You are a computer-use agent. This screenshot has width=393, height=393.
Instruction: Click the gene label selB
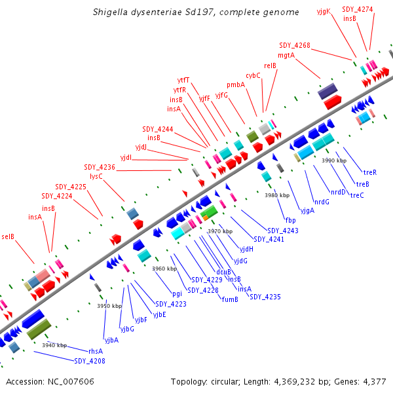8,236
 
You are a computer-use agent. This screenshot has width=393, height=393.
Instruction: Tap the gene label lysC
96,176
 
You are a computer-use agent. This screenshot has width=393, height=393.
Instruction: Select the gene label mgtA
286,55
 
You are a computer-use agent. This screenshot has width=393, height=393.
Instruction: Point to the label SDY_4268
295,45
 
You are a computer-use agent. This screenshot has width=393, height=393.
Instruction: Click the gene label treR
370,172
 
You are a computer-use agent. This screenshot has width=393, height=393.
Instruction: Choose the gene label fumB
229,299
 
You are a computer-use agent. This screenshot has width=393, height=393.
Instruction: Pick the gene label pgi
177,293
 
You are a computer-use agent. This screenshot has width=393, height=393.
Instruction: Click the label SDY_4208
89,361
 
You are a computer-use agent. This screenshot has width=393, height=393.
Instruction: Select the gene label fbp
290,220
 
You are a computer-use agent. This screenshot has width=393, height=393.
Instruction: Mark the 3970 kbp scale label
220,231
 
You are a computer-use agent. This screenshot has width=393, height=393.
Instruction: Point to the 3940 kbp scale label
54,345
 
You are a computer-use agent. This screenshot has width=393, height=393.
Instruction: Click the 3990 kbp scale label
333,160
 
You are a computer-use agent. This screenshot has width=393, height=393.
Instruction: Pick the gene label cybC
253,75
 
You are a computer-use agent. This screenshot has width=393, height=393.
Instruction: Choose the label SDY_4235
265,297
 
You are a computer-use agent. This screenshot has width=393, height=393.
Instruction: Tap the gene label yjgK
324,11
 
